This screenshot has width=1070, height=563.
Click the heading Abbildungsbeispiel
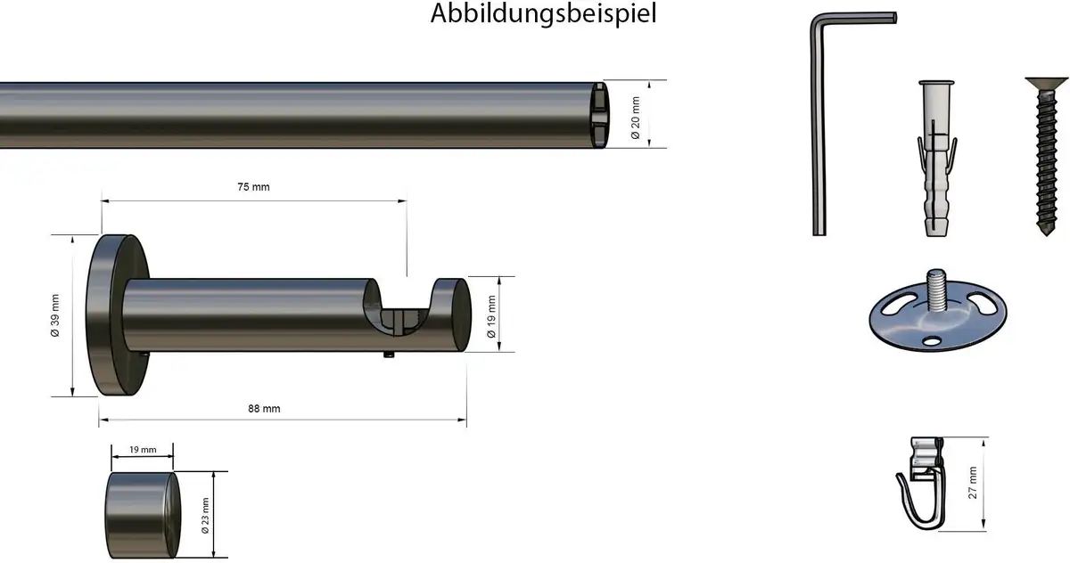coord(544,13)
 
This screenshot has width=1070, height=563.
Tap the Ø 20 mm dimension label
coord(635,118)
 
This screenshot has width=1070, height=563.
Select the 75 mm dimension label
coord(253,187)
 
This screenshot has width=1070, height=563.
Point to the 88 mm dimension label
coord(264,409)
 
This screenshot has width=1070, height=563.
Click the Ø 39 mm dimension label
coord(55,316)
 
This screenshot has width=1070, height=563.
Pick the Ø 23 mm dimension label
coord(205,516)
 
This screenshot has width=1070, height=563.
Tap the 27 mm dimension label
coord(973,483)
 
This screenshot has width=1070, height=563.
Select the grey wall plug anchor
coord(936,158)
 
